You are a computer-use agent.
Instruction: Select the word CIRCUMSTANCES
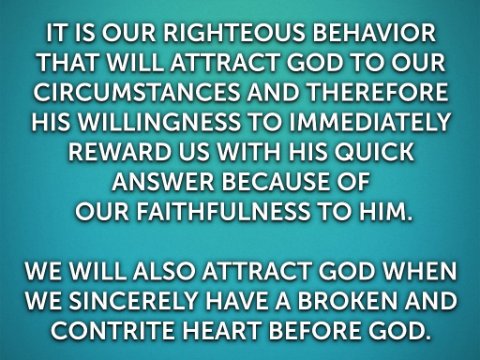coord(136,92)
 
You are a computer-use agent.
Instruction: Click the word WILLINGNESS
coord(159,122)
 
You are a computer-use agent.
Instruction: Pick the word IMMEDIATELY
coord(369,122)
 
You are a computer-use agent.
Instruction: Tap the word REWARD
coord(119,152)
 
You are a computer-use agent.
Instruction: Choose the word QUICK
coord(374,153)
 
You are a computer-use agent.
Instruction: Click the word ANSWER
coord(163,182)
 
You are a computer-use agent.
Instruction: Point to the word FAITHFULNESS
coord(223,212)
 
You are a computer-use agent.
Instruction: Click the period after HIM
coord(409,219)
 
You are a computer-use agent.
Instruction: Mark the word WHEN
coord(419,271)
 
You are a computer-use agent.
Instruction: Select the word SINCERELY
coord(133,301)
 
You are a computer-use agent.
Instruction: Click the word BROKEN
coord(348,301)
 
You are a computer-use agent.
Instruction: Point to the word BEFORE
coord(314,331)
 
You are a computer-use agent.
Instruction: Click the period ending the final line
coord(424,337)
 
